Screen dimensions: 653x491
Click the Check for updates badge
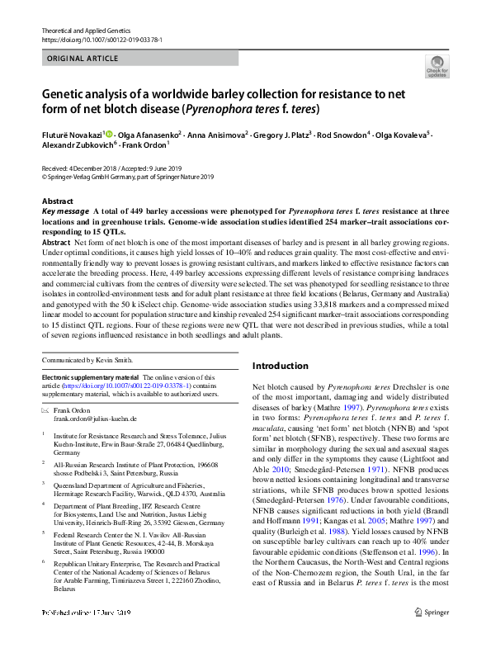tap(437, 67)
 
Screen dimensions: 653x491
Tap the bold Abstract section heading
tap(57, 201)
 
